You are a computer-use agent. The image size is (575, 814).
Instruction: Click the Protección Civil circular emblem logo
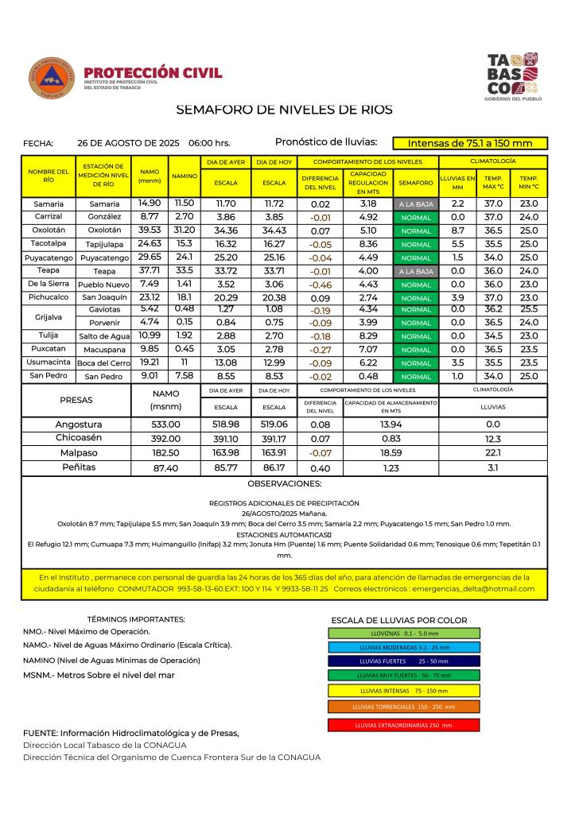click(52, 78)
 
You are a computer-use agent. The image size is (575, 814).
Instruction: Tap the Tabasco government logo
click(512, 76)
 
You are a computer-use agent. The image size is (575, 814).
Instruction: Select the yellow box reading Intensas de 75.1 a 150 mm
click(469, 144)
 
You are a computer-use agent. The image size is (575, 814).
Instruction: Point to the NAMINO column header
click(185, 176)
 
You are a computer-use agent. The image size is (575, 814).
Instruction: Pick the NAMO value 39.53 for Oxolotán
click(150, 230)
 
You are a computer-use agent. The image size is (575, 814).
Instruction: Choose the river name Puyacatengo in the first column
click(49, 258)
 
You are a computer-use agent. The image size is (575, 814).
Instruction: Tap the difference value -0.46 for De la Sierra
click(321, 285)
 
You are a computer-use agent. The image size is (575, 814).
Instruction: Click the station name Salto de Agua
click(103, 336)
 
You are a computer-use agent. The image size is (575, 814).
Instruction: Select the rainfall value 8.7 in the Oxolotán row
click(457, 230)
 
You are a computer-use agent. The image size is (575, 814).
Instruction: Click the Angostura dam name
click(79, 424)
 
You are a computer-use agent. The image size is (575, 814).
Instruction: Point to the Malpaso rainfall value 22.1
click(492, 453)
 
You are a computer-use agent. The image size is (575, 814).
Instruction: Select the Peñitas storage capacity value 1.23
click(390, 467)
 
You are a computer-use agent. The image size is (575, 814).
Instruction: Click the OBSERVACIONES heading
click(285, 483)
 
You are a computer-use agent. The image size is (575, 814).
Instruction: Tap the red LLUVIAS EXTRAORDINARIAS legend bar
click(403, 725)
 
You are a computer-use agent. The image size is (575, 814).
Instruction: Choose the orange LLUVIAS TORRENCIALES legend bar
click(403, 706)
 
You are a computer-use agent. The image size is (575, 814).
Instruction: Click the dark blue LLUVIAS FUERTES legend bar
click(403, 661)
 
